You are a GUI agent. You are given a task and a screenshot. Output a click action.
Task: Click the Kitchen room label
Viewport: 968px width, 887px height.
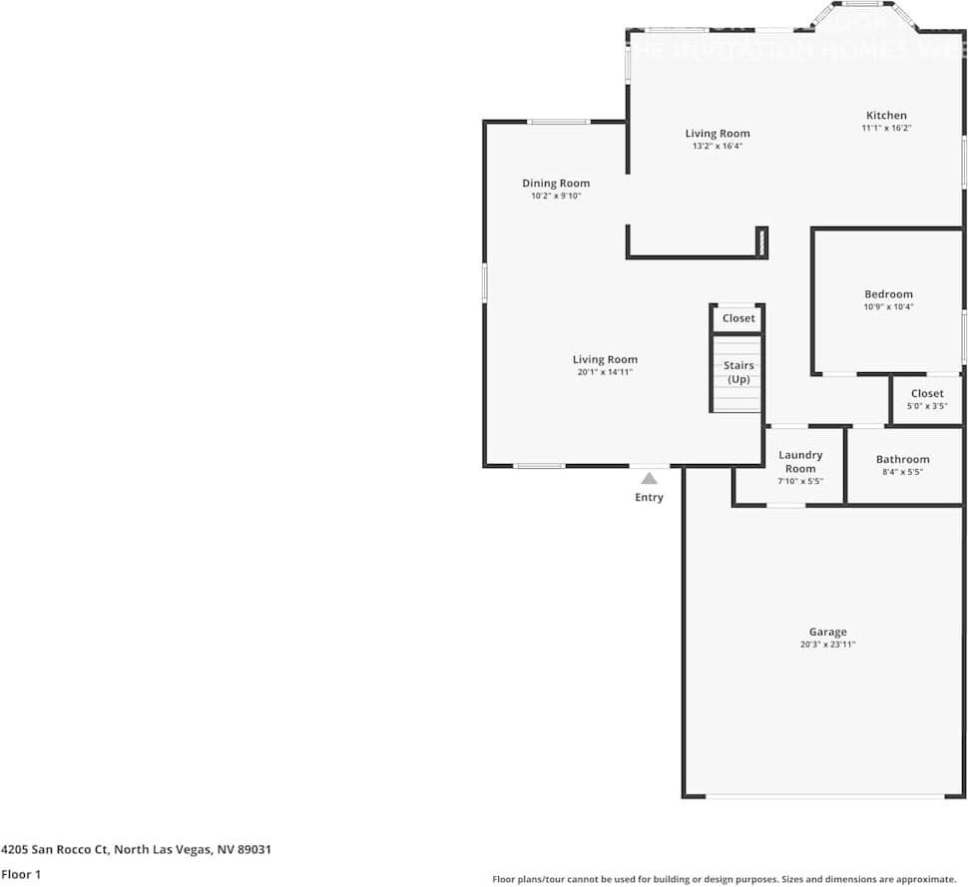tap(886, 116)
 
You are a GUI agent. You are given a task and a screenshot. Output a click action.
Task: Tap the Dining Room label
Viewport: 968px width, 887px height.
tap(556, 184)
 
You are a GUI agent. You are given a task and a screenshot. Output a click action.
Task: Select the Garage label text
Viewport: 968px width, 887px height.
tap(827, 632)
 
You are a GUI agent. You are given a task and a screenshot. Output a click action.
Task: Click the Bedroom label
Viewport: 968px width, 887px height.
tap(888, 294)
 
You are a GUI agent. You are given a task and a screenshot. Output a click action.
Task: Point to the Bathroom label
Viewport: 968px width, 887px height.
tap(902, 460)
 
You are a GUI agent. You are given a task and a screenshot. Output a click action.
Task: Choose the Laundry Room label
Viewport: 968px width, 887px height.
tap(800, 462)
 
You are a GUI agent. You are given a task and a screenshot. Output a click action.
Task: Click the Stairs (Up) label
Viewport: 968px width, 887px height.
tap(738, 372)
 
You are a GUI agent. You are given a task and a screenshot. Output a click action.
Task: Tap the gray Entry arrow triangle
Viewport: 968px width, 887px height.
tap(649, 478)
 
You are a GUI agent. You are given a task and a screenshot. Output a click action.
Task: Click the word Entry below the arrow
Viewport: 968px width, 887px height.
tap(649, 497)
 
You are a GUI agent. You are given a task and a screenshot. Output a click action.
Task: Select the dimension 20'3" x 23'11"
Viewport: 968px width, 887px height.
tap(827, 646)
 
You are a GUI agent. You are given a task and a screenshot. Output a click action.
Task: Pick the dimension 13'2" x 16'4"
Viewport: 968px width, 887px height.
tap(718, 146)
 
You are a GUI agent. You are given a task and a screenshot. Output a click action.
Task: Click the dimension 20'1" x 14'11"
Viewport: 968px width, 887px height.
tap(605, 372)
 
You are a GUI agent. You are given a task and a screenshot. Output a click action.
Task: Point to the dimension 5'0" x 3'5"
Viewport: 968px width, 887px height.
tap(927, 406)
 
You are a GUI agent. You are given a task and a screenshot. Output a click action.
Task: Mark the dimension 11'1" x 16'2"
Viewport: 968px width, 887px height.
tap(886, 128)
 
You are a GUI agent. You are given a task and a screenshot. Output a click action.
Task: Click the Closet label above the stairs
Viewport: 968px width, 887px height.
tap(738, 318)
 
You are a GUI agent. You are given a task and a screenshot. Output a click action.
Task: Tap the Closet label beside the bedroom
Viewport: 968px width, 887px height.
tap(927, 393)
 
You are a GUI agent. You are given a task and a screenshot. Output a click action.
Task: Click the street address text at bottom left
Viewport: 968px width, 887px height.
tap(136, 850)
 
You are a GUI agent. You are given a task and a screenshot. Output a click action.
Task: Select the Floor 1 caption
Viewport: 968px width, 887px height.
tap(21, 874)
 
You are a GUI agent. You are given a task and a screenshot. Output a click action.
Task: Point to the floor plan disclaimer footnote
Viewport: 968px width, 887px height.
tap(724, 879)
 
